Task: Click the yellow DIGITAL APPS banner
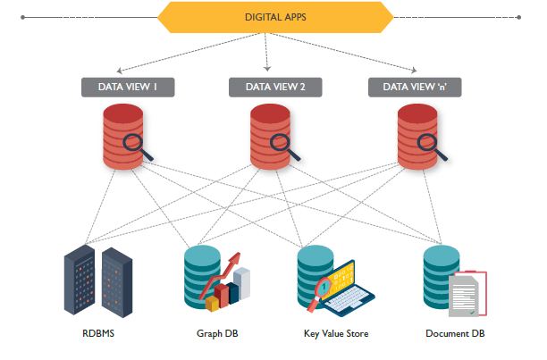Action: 273,17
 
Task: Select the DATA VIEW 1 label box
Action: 126,87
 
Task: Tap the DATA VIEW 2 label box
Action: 273,87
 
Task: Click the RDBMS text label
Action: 97,334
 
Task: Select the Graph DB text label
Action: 217,334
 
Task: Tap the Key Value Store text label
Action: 336,334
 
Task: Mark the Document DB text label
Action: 453,334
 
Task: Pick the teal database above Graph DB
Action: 201,272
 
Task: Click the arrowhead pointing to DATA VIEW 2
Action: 268,71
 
